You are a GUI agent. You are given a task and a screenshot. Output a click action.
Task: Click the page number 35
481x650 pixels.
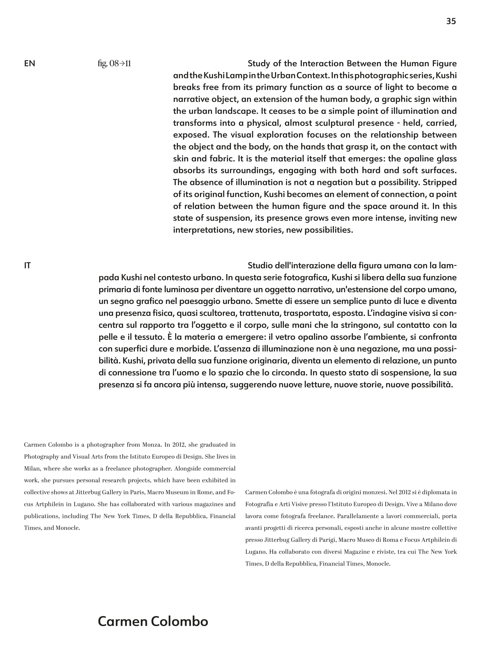pyautogui.click(x=451, y=21)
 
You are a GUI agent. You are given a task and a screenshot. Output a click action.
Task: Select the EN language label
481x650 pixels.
pyautogui.click(x=29, y=64)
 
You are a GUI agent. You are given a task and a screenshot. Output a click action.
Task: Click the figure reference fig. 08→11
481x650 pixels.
pyautogui.click(x=114, y=64)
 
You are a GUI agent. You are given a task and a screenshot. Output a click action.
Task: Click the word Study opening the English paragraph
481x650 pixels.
pyautogui.click(x=259, y=64)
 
